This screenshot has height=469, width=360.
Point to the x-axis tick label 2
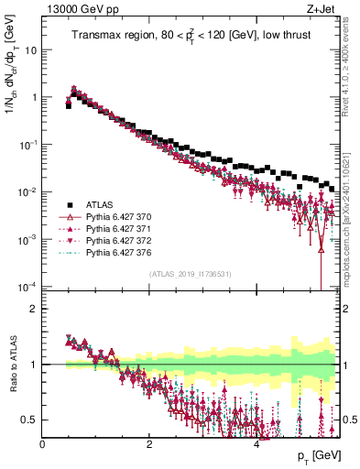coord(148,442)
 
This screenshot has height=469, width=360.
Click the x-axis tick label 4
coord(256,442)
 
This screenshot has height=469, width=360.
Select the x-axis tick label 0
coord(42,442)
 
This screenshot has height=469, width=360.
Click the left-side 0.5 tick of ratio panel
coord(29,420)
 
